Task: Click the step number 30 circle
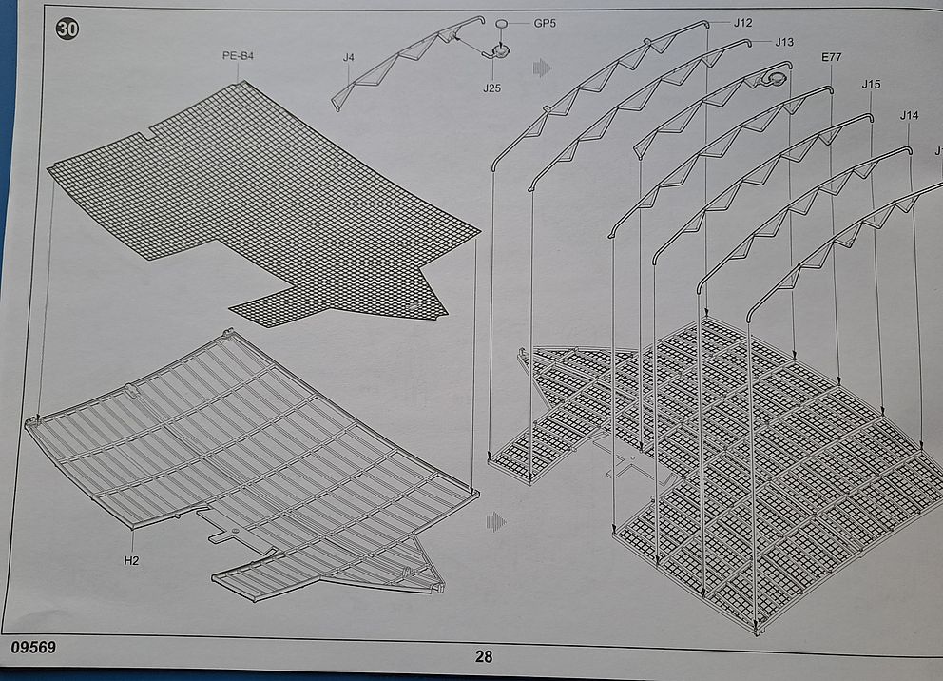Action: pyautogui.click(x=68, y=29)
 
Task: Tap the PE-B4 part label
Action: pyautogui.click(x=238, y=56)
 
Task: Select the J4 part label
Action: pyautogui.click(x=349, y=58)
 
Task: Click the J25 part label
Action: pyautogui.click(x=491, y=88)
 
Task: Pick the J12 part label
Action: pyautogui.click(x=742, y=22)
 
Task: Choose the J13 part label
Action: pyautogui.click(x=783, y=42)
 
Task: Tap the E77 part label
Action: pyautogui.click(x=831, y=58)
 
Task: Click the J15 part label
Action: pyautogui.click(x=871, y=84)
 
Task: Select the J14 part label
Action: pyautogui.click(x=910, y=115)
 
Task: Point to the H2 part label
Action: pyautogui.click(x=131, y=560)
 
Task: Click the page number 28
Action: pyautogui.click(x=484, y=655)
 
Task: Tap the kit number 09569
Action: pyautogui.click(x=34, y=647)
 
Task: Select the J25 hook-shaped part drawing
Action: pyautogui.click(x=498, y=52)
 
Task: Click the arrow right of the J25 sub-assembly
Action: pyautogui.click(x=543, y=68)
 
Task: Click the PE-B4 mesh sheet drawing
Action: pyautogui.click(x=266, y=204)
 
